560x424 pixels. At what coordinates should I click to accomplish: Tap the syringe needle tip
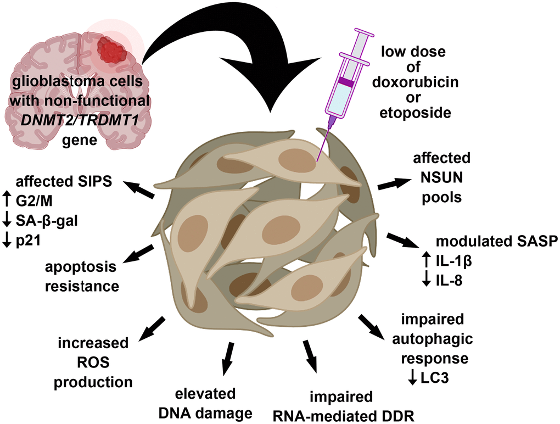click(x=317, y=160)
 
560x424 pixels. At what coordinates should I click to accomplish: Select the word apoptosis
click(x=81, y=267)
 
